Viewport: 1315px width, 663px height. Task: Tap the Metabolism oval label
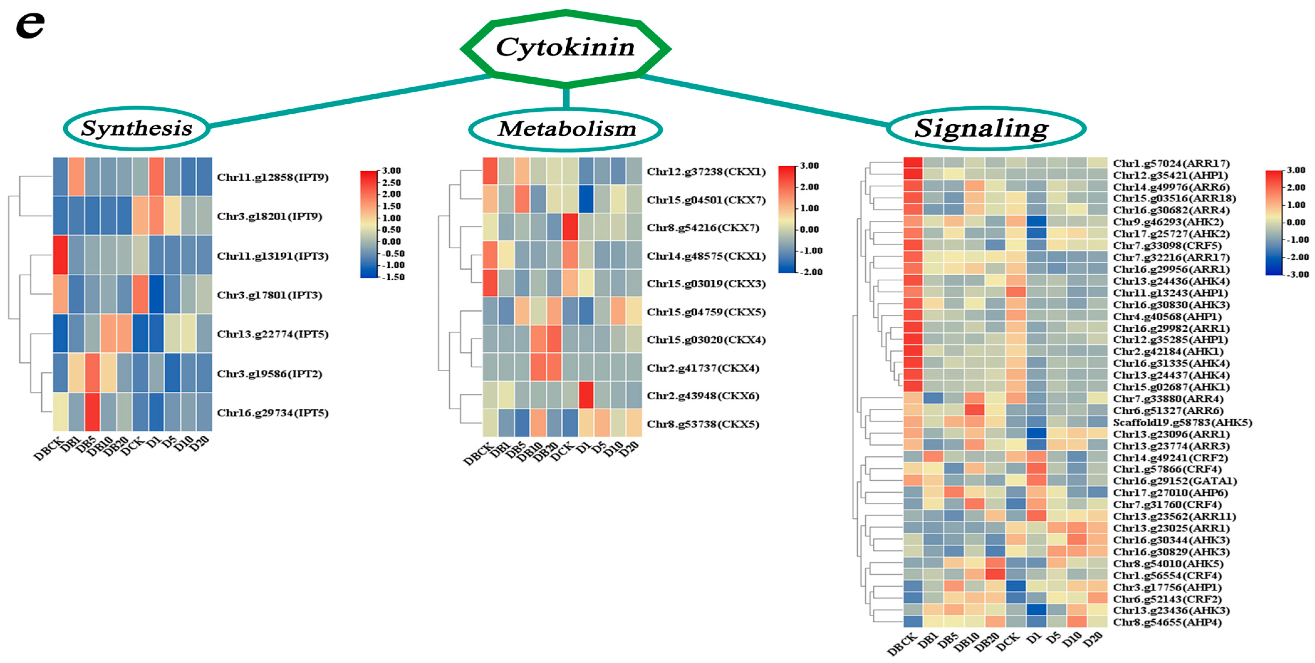click(567, 129)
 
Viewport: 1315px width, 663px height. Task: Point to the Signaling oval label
click(981, 128)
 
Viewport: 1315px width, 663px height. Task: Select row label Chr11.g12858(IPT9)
click(273, 177)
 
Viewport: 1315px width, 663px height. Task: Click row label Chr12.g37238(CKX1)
click(706, 172)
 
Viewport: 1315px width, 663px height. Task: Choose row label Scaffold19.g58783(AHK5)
click(1182, 422)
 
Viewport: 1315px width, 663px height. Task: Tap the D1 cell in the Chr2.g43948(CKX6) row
click(586, 395)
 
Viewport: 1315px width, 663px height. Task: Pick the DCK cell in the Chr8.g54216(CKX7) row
click(570, 227)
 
